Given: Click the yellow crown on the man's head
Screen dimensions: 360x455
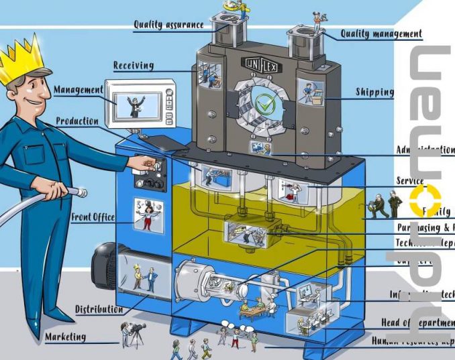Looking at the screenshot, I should point(25,60).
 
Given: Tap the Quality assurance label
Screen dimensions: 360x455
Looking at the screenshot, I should point(168,25).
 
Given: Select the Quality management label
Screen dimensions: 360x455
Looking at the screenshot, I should point(381,34).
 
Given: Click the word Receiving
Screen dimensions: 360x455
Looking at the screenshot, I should point(133,66).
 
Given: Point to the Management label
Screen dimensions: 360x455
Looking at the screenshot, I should point(78,90).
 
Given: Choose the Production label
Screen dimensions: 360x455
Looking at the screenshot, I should point(77,121).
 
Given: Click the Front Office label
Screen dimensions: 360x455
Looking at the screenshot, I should point(93,217).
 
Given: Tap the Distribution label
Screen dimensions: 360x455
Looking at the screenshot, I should point(99,309).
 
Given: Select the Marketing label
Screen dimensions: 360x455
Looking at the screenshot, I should point(65,337).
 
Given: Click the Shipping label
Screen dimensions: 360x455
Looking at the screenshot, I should point(374,92).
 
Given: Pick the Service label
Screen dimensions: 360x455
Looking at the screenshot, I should point(409,181).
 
